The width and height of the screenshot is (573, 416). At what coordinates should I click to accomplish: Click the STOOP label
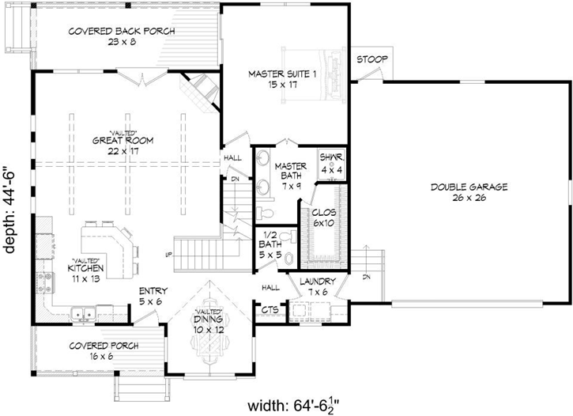370,60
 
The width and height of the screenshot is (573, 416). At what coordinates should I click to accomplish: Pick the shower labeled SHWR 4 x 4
330,163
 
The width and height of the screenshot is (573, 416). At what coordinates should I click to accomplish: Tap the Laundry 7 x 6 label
317,287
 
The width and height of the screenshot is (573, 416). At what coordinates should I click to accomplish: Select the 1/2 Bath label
270,249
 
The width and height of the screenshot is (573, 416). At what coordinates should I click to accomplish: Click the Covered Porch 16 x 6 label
104,350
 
